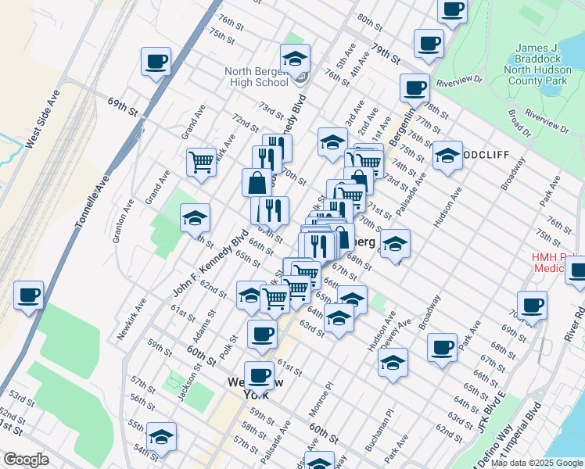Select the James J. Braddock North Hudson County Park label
(x=547, y=63)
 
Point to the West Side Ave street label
(x=43, y=123)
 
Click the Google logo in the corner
(x=25, y=460)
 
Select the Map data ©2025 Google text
(x=535, y=463)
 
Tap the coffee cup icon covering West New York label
(x=259, y=376)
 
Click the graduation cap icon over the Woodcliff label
(x=447, y=155)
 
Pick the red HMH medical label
(x=558, y=262)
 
